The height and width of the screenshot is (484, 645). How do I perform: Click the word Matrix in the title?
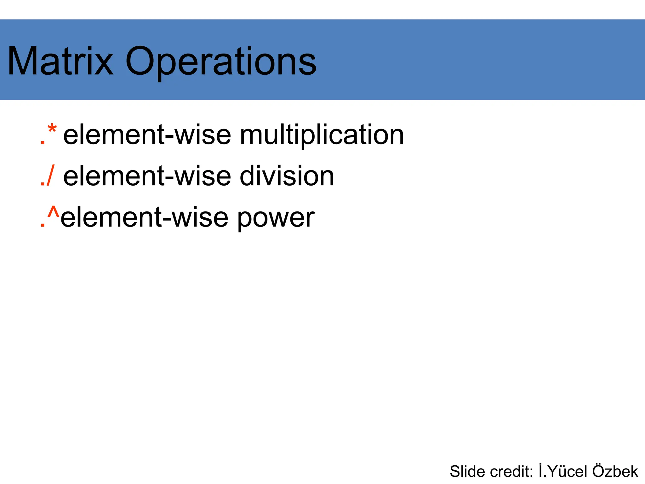click(60, 61)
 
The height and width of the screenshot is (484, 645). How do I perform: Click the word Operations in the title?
click(220, 61)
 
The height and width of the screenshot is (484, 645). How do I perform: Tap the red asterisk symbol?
click(52, 130)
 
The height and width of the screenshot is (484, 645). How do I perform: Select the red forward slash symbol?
click(50, 175)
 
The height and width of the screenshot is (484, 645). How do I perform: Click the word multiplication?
click(322, 135)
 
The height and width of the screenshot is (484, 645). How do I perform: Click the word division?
click(287, 176)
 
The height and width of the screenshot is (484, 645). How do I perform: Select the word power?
click(275, 218)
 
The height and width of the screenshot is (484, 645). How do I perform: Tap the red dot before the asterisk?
click(43, 143)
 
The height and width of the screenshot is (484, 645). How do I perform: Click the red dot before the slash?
click(43, 184)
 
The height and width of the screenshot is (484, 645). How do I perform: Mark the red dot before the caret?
click(43, 225)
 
